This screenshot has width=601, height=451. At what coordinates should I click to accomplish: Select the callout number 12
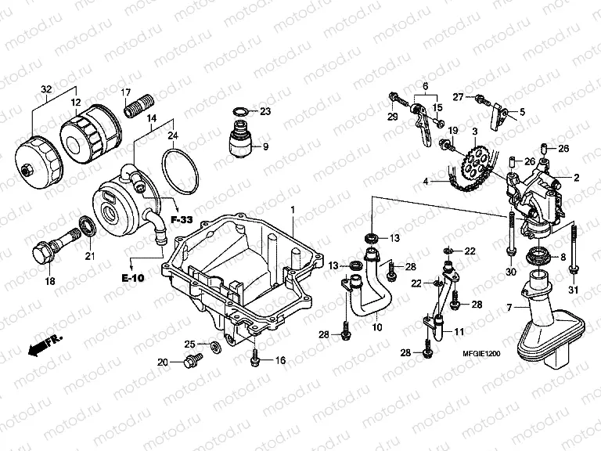pos(76,103)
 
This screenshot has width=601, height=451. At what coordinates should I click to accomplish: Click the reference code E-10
pos(132,277)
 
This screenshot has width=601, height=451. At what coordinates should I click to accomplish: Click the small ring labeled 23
pos(243,112)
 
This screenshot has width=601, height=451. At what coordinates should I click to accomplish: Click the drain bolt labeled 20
pos(189,362)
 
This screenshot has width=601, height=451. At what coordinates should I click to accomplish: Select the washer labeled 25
pos(214,345)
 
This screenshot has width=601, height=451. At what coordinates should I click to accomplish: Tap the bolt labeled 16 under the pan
pos(254,359)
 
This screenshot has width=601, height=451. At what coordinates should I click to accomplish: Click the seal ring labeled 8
pos(539,256)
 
